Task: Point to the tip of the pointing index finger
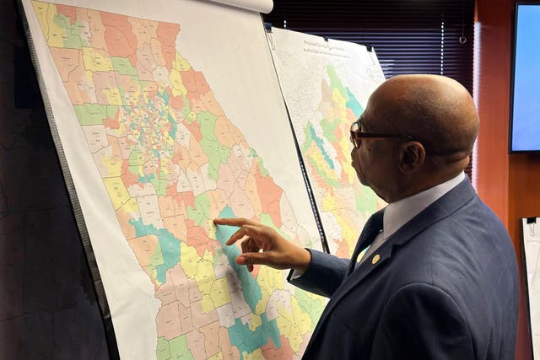point(216,223)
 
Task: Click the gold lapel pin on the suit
point(375,259)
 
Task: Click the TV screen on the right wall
point(524,76)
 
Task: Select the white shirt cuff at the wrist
point(297,271)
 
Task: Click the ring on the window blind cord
point(462,39)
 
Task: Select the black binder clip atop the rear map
point(270,38)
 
